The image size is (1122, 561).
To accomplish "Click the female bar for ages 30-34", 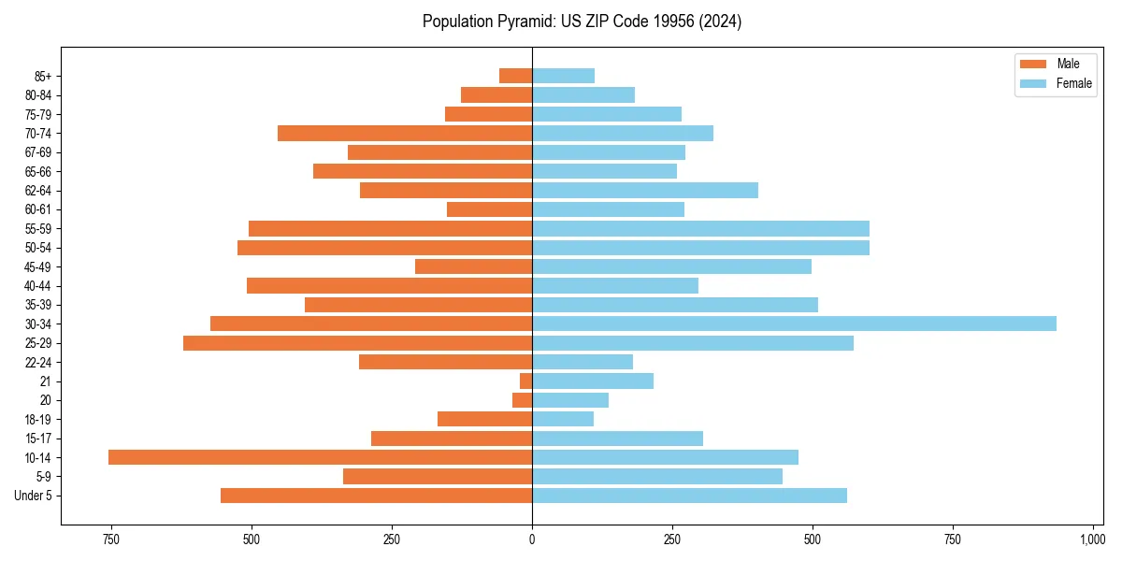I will coord(794,324).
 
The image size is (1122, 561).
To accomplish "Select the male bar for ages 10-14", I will coord(320,457).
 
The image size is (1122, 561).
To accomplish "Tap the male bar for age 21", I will coord(526,381).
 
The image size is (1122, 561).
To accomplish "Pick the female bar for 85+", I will coord(563,76).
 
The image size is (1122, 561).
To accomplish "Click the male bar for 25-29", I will coord(357,343).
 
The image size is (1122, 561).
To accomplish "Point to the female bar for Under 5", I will coord(689,496).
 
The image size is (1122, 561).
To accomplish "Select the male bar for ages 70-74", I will coord(405,133).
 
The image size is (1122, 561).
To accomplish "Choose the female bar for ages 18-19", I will coord(563,419).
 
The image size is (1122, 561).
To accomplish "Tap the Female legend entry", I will coord(1057,83).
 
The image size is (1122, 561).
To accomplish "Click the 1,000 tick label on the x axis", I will coord(1092,539).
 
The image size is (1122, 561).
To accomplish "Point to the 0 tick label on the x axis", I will coord(532,539).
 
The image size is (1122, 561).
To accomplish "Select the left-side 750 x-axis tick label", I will coord(111,539).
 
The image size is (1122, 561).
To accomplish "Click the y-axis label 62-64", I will coord(38,191).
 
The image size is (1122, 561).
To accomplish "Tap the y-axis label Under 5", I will coord(34,496).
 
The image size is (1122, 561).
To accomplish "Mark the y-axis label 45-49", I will coord(38,266).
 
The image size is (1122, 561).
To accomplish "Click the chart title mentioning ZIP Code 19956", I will coord(582,22).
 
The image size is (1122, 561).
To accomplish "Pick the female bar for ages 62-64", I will coord(645,191).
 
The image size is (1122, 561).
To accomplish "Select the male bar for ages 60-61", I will coord(489,209).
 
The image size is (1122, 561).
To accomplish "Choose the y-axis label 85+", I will coord(42,76).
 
